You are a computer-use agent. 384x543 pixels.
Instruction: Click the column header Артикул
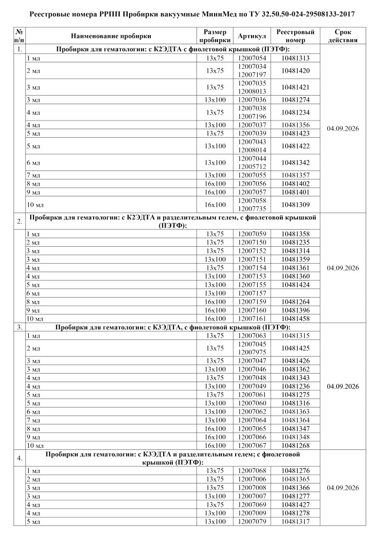point(252,36)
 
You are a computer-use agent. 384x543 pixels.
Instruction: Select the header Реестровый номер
point(296,36)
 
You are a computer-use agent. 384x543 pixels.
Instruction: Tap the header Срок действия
point(343,36)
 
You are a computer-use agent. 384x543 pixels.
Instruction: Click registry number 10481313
point(296,58)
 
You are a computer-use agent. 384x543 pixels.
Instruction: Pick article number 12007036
point(252,100)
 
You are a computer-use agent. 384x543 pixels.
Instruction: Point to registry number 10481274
point(296,100)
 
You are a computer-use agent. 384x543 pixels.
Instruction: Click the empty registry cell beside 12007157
point(296,293)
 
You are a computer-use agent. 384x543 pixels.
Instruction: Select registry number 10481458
point(296,318)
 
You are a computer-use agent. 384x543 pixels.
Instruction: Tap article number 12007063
point(252,335)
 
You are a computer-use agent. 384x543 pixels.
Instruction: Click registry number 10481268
point(296,445)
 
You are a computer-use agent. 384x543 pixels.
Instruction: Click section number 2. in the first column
point(20,221)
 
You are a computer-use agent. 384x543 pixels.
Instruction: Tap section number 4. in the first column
point(20,458)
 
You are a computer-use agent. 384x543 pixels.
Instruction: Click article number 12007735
point(252,209)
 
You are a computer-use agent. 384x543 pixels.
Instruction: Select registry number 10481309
point(296,205)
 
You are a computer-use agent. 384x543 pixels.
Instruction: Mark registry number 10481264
point(296,302)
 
